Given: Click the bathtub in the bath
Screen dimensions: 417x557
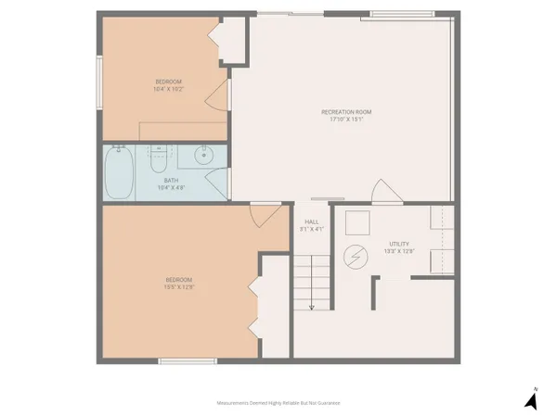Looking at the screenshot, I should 120,173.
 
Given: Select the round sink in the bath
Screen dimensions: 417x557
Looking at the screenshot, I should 205,156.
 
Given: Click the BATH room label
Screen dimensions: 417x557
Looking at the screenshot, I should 171,180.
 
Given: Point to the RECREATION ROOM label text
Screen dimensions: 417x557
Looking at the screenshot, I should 346,111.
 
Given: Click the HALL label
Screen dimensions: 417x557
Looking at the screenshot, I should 312,221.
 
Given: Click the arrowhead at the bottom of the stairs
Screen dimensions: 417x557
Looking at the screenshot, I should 312,307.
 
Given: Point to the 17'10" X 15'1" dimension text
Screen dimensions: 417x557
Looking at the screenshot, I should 346,119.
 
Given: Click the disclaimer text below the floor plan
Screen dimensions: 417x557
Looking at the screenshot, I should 278,403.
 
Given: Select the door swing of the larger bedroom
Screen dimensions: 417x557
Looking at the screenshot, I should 264,214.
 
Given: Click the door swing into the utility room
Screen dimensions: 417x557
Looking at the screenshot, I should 381,193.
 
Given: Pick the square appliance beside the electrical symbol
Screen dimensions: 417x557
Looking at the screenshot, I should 357,222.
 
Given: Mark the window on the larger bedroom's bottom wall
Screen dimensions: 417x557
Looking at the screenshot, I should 175,361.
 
